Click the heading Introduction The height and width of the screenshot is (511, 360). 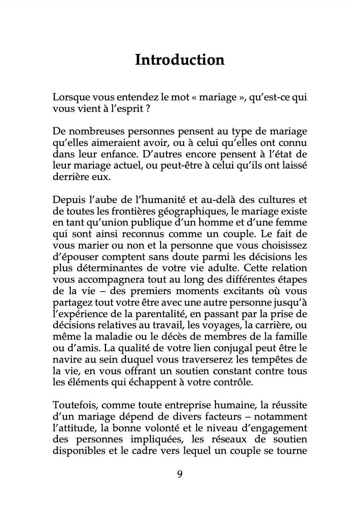pyautogui.click(x=180, y=60)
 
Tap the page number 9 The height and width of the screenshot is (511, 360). pyautogui.click(x=180, y=474)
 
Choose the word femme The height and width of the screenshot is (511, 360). pyautogui.click(x=291, y=223)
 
